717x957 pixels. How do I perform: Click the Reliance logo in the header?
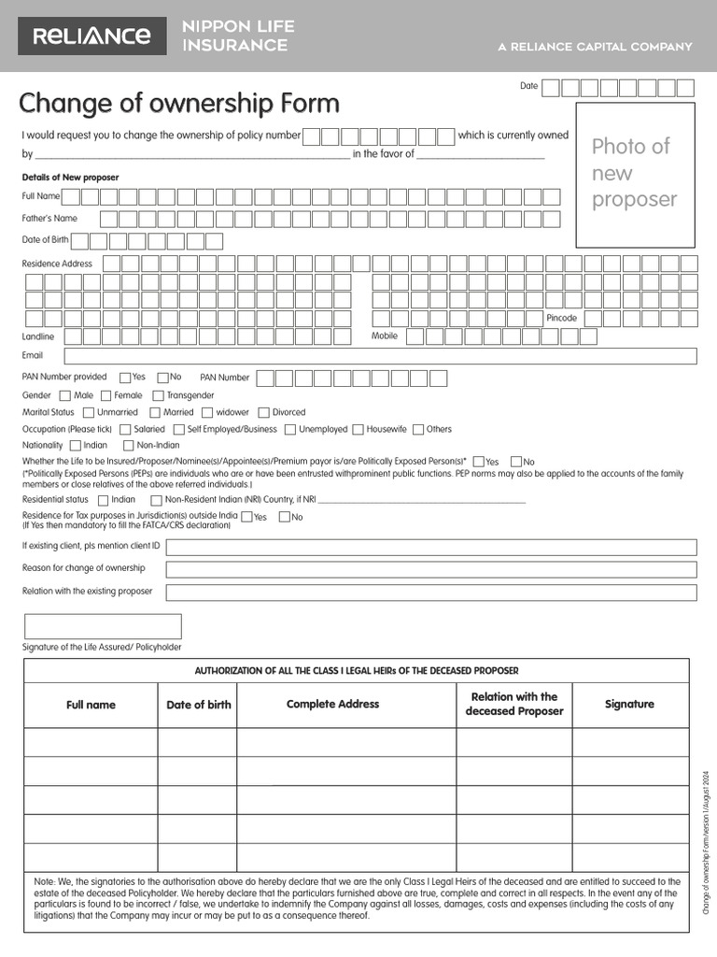pyautogui.click(x=91, y=36)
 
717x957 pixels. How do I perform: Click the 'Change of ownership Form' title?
pyautogui.click(x=179, y=103)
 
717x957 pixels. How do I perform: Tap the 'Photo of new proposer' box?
pyautogui.click(x=635, y=174)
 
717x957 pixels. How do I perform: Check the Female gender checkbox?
pyautogui.click(x=105, y=395)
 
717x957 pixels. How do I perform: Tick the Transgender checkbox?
pyautogui.click(x=158, y=395)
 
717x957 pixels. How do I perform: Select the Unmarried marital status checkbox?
pyautogui.click(x=89, y=412)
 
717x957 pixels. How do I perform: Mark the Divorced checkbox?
pyautogui.click(x=263, y=412)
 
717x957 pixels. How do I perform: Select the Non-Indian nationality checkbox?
pyautogui.click(x=129, y=446)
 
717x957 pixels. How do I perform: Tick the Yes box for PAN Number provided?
pyautogui.click(x=124, y=378)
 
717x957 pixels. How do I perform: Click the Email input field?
pyautogui.click(x=380, y=356)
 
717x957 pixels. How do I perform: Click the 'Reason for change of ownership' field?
pyautogui.click(x=430, y=569)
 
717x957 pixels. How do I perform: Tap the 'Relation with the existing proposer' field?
pyautogui.click(x=430, y=593)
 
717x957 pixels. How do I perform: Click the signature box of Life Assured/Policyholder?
pyautogui.click(x=103, y=626)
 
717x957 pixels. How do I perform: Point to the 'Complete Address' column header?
pyautogui.click(x=332, y=705)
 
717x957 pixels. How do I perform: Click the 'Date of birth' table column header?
pyautogui.click(x=198, y=705)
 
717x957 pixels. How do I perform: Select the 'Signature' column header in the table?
pyautogui.click(x=629, y=705)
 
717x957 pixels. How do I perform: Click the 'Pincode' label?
pyautogui.click(x=562, y=319)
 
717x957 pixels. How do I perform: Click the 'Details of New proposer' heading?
pyautogui.click(x=70, y=178)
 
